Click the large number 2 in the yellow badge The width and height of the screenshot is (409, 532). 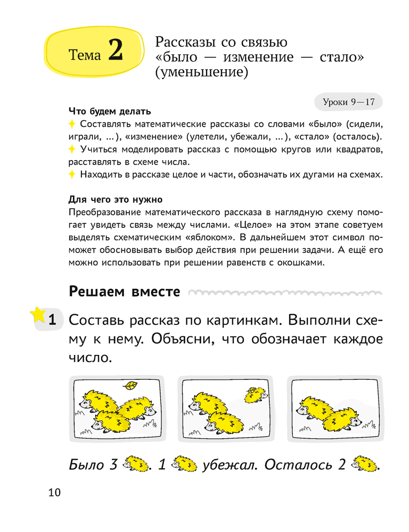(115, 52)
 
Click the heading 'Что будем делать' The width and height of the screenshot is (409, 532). (110, 112)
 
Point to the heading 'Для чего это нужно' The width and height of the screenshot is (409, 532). (116, 200)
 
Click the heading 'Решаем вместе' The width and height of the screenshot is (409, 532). (125, 292)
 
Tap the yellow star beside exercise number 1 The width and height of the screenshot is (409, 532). (38, 315)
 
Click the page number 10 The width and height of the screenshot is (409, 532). (54, 492)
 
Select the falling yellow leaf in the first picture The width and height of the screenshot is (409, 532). (129, 385)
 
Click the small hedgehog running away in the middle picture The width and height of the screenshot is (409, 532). (256, 394)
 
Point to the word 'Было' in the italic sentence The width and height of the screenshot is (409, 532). (86, 465)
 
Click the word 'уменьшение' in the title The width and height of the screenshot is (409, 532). (201, 72)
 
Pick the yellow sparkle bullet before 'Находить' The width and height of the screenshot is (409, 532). (73, 175)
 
